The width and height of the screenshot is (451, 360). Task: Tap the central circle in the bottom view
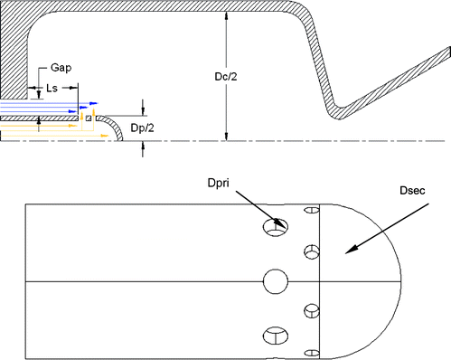pos(275,282)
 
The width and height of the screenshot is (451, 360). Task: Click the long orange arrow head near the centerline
pos(107,136)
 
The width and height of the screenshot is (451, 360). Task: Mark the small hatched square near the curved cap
pos(89,118)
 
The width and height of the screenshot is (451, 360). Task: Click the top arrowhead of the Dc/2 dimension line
pos(226,20)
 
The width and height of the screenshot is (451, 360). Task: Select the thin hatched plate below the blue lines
pos(36,118)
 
